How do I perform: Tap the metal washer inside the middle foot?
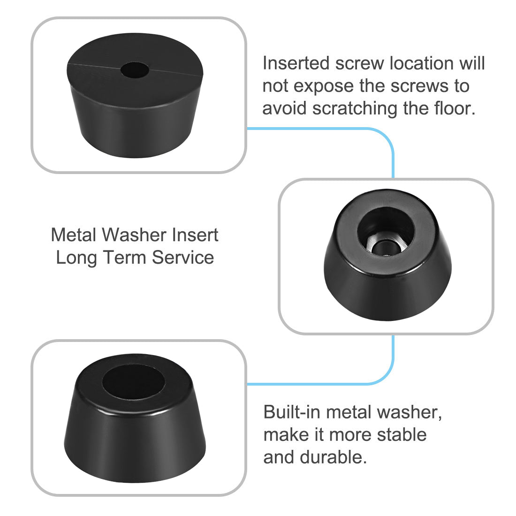pos(386,245)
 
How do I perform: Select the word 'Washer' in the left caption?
pos(136,235)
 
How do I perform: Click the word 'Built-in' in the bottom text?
pos(291,412)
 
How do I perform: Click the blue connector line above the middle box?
pos(392,155)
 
